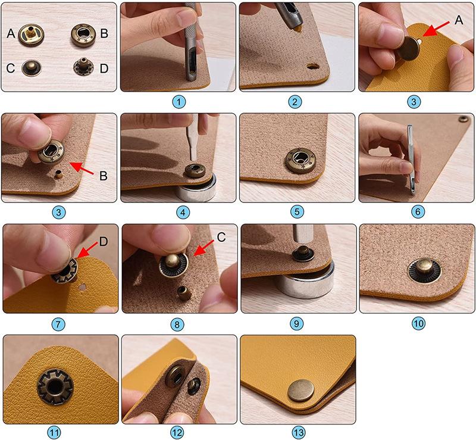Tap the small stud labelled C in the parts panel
point(32,68)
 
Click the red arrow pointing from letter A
point(436,29)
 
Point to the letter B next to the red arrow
point(103,176)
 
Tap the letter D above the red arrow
point(104,242)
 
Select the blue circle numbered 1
point(179,102)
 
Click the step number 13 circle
point(299,432)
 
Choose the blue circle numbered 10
point(418,323)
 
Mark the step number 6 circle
point(418,212)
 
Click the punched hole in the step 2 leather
point(312,65)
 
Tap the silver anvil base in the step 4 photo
point(199,188)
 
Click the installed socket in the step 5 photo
point(299,161)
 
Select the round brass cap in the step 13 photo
point(301,391)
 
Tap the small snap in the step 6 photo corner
point(464,119)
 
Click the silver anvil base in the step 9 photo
point(305,280)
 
